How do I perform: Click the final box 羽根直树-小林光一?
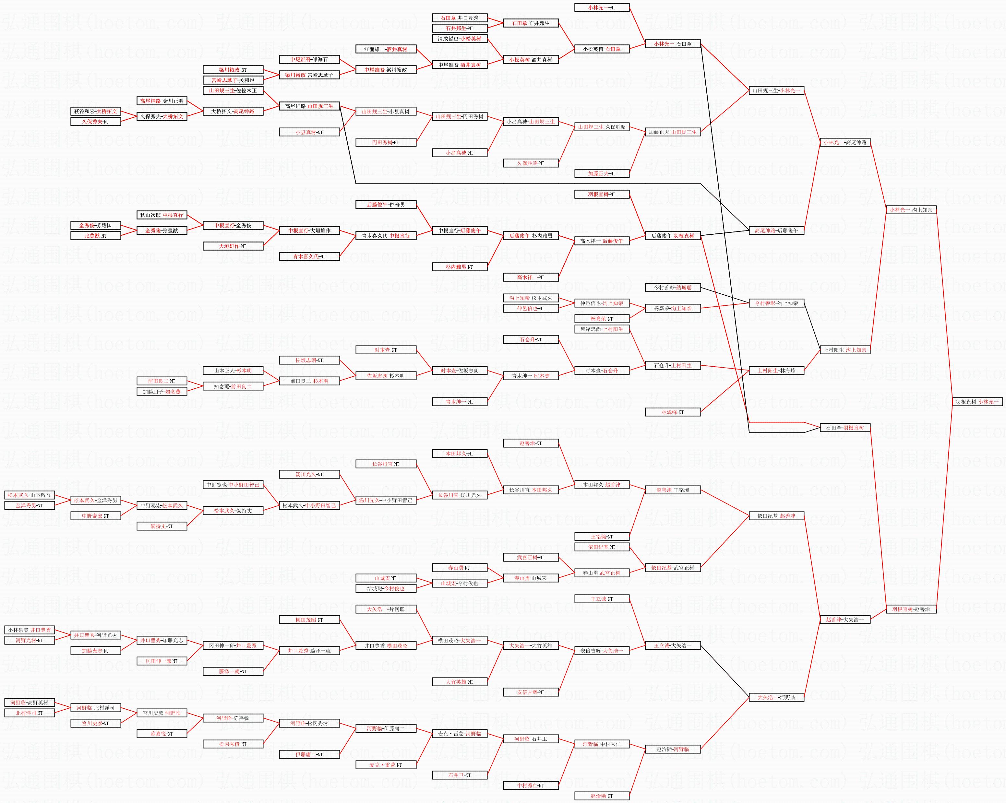point(976,401)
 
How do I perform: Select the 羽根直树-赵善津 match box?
point(911,609)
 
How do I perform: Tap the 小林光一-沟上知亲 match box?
point(911,210)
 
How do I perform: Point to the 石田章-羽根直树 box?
point(845,428)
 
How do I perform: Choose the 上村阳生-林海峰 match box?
point(776,371)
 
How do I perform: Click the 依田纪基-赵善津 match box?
point(776,516)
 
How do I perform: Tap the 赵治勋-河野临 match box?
point(672,750)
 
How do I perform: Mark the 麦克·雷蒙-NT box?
point(386,765)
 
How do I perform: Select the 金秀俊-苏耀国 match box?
point(96,225)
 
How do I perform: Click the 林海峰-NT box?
point(672,412)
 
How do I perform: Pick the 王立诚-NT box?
point(602,599)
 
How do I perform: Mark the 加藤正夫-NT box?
point(602,173)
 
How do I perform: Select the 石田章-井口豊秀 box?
point(460,18)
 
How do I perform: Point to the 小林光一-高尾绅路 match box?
point(845,143)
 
